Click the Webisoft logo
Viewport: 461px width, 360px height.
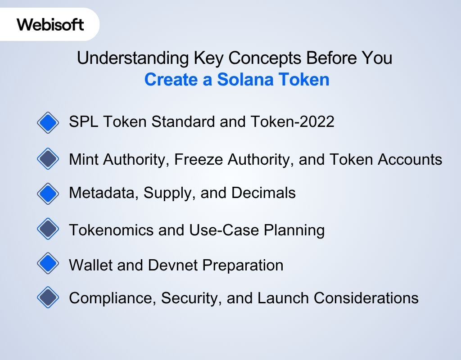pos(50,24)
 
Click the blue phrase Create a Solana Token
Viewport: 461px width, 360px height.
pos(237,80)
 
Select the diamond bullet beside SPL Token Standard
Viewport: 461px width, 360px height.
pos(48,122)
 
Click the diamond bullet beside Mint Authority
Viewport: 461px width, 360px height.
pos(48,159)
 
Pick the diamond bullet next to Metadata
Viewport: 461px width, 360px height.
pos(48,193)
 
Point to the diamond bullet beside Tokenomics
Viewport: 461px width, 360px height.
pos(48,229)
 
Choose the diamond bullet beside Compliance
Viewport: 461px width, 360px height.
pos(48,297)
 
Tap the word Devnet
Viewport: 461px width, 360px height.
pos(172,265)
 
